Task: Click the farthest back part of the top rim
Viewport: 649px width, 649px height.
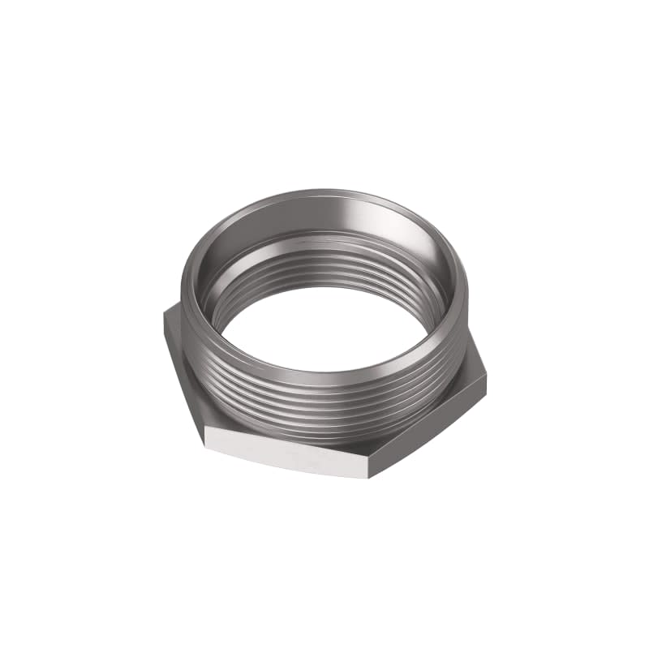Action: coord(333,194)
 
